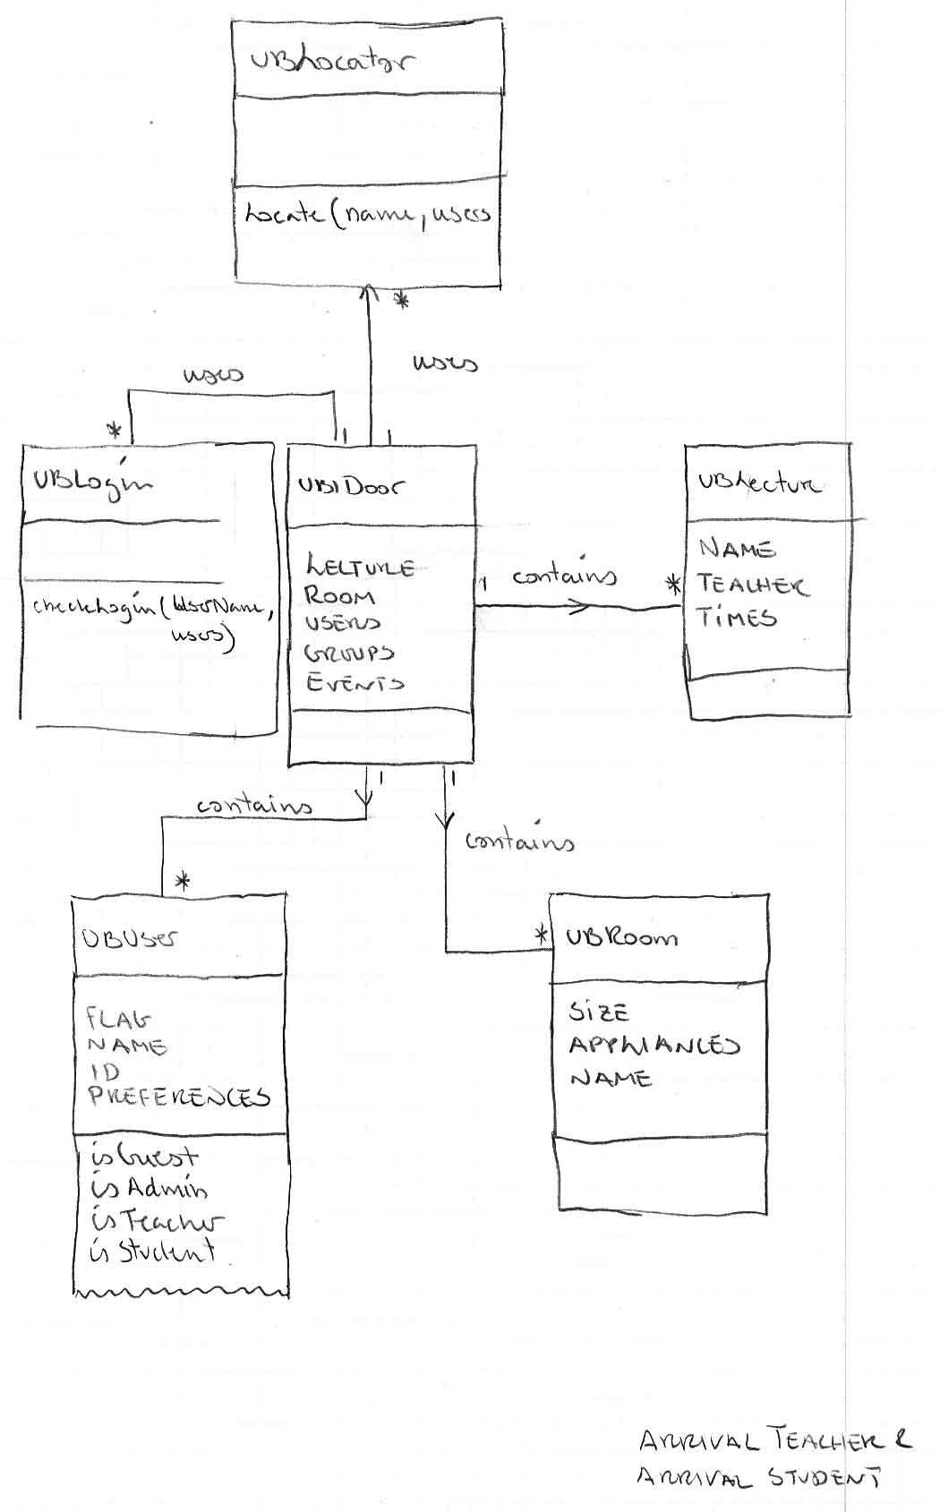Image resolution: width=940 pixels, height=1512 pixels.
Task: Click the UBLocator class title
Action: (332, 62)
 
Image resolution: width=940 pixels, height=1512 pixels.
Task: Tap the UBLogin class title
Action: (92, 482)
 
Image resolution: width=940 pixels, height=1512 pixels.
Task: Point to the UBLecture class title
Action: (758, 483)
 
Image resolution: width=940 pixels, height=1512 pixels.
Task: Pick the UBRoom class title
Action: (621, 937)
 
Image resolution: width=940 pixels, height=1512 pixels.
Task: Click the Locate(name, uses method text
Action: (368, 215)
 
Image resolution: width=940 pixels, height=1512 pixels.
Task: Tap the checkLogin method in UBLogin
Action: (150, 608)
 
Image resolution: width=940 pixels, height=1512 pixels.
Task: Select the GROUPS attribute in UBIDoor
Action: (349, 653)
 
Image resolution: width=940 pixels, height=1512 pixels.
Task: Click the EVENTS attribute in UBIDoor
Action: (355, 682)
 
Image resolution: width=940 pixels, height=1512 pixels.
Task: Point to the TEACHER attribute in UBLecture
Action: (751, 585)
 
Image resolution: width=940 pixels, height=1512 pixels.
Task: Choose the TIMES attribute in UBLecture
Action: (737, 617)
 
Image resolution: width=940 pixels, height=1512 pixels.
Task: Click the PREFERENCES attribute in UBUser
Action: (178, 1097)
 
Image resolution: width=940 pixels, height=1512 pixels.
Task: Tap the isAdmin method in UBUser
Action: (149, 1189)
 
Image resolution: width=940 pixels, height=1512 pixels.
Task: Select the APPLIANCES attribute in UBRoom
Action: (654, 1045)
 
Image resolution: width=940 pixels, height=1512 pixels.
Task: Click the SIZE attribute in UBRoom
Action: (599, 1012)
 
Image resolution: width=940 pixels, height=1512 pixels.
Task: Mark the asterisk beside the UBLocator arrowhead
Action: (402, 301)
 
